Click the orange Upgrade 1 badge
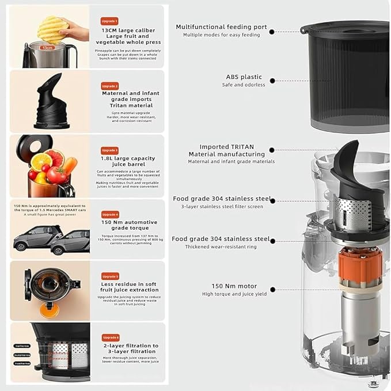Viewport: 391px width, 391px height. click(109, 21)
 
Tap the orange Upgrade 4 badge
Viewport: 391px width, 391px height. click(110, 214)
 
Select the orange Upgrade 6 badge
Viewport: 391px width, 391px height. click(111, 337)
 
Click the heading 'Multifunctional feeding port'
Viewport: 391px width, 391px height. click(221, 27)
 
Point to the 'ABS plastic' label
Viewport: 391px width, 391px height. click(243, 77)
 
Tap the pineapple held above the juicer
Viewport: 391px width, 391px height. click(53, 29)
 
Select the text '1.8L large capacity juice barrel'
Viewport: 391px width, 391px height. click(128, 162)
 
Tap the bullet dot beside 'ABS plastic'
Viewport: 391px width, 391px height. click(272, 81)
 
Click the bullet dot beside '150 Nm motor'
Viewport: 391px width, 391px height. click(272, 290)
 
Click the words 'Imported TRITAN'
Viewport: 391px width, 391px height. click(226, 147)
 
